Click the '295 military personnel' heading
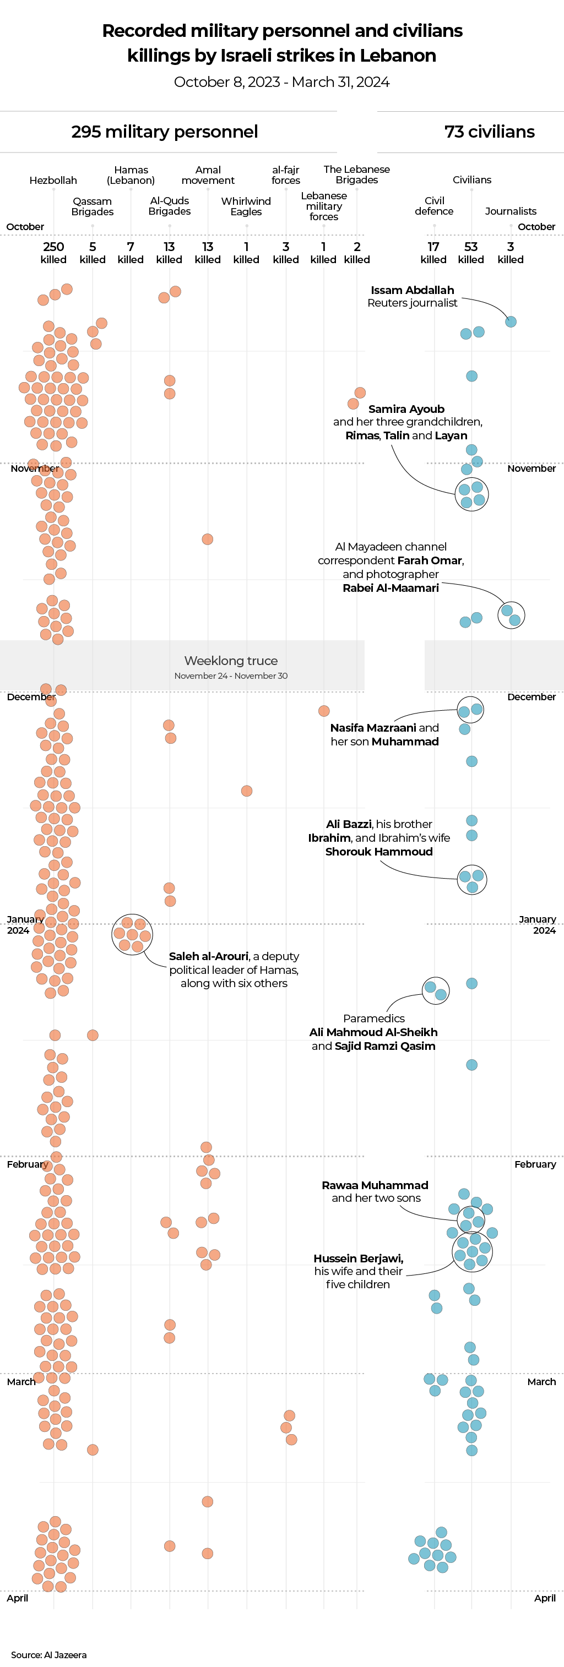[165, 132]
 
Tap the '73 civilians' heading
[489, 132]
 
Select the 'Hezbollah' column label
[53, 181]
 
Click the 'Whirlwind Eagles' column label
[246, 206]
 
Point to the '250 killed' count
[53, 252]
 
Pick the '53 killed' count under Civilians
[471, 252]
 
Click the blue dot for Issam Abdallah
[511, 322]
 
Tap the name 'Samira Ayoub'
[406, 409]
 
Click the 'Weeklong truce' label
[231, 661]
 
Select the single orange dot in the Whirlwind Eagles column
[247, 791]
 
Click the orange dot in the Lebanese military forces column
[324, 711]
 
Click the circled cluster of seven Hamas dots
[132, 934]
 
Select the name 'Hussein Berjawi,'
[358, 1258]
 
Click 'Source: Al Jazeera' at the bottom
[48, 1655]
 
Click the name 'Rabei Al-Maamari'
[391, 588]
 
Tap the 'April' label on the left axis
[18, 1598]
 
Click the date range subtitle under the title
[281, 82]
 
